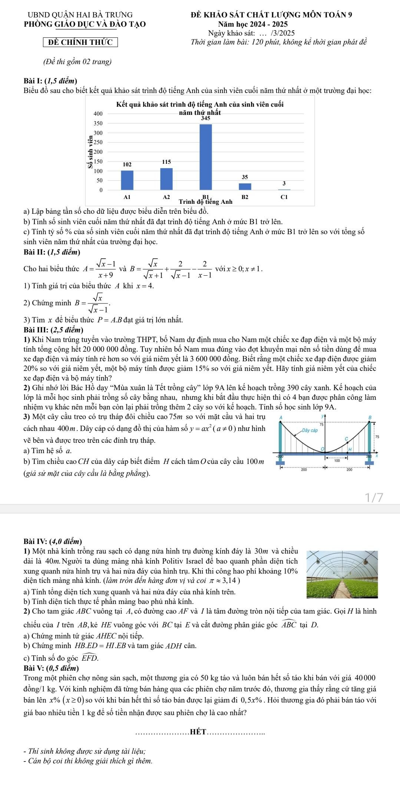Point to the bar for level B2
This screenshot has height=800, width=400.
point(245,186)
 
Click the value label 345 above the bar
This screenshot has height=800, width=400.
point(206,119)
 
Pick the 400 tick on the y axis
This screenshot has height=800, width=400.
point(98,113)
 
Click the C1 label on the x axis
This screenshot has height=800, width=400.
point(284,197)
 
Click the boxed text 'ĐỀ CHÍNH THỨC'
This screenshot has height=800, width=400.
point(80,42)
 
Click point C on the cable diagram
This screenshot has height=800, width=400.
point(347,439)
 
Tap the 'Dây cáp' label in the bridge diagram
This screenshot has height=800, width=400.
point(310,430)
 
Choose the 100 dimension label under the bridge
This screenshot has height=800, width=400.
point(337,461)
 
